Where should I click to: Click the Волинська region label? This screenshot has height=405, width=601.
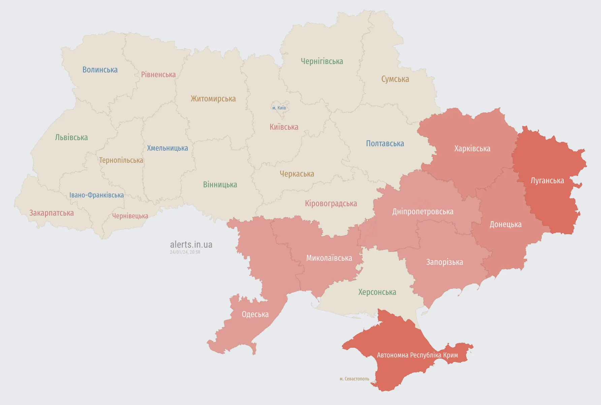(x=100, y=70)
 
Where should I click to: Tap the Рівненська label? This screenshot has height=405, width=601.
(x=158, y=74)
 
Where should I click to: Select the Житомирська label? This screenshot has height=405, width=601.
(x=213, y=99)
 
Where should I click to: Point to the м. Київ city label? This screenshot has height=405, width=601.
(x=279, y=108)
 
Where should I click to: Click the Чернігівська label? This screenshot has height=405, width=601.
(x=322, y=61)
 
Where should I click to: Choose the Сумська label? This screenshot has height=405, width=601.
(x=395, y=79)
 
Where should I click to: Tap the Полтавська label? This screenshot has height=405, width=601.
(x=385, y=144)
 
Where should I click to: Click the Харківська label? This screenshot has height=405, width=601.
(x=472, y=149)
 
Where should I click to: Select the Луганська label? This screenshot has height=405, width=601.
(x=547, y=181)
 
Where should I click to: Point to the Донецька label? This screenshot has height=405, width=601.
(x=505, y=224)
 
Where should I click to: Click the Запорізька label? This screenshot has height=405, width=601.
(x=444, y=262)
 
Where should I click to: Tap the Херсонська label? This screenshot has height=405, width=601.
(x=377, y=292)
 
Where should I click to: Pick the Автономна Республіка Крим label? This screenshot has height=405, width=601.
(x=417, y=355)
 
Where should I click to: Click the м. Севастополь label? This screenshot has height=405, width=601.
(x=354, y=379)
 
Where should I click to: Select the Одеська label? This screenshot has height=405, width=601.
(x=255, y=314)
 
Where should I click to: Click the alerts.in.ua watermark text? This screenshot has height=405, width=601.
(x=191, y=245)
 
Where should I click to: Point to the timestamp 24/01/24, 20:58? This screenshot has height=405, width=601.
(x=185, y=252)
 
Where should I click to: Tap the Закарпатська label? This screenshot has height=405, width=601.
(x=52, y=213)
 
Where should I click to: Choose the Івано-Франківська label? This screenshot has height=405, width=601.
(x=96, y=195)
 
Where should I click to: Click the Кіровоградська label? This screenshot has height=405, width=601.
(x=331, y=204)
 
